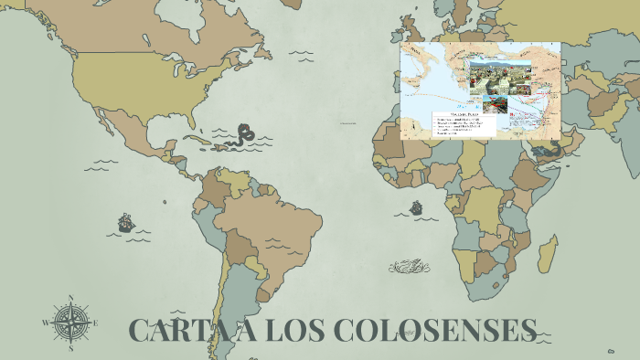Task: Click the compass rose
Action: click(x=70, y=323)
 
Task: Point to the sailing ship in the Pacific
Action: click(x=125, y=222)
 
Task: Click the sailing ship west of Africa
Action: click(x=417, y=208)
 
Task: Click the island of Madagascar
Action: click(x=549, y=250)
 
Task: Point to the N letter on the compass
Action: click(x=70, y=299)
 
